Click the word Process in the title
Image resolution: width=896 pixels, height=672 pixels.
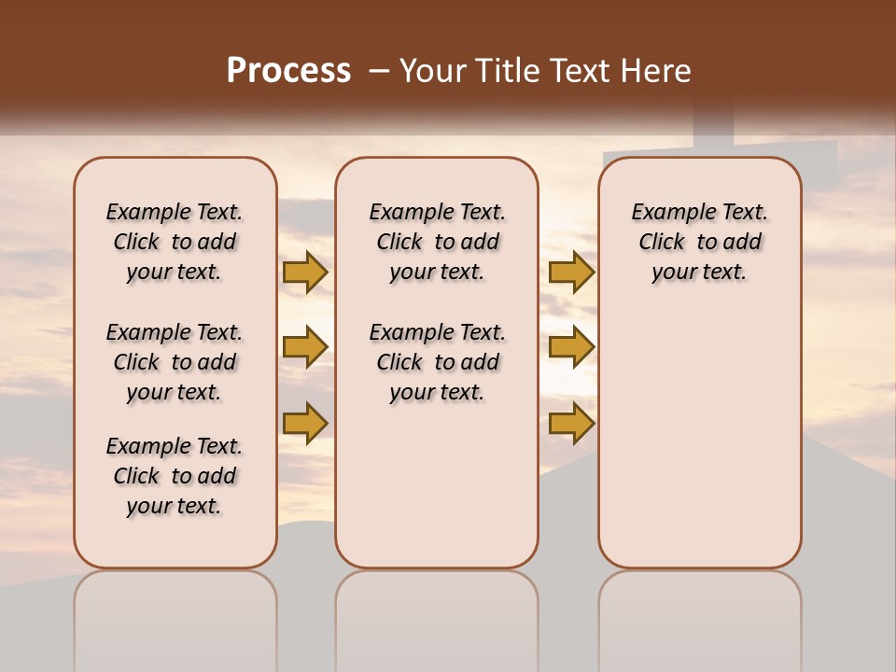(288, 71)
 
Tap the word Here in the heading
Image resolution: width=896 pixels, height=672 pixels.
(657, 71)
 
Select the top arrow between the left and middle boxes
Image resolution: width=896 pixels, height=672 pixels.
(305, 272)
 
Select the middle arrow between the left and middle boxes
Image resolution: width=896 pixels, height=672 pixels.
(305, 348)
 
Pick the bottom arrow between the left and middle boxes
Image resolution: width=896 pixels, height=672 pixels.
(305, 423)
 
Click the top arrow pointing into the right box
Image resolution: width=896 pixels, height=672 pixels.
(571, 272)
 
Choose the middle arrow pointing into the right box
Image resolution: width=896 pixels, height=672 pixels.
(571, 348)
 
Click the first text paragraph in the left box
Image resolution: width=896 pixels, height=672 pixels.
(175, 242)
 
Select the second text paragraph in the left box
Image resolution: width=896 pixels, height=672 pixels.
(175, 362)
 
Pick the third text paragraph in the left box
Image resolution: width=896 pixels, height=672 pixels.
(175, 476)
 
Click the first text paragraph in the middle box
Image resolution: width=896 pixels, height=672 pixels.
(437, 242)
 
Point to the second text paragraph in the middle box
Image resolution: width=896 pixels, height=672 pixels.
(437, 362)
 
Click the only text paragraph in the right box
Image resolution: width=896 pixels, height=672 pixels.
(699, 242)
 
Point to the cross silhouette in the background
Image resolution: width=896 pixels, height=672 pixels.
(715, 140)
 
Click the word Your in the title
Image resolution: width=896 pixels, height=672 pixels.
(432, 71)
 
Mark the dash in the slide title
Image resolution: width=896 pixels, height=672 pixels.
(379, 71)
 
